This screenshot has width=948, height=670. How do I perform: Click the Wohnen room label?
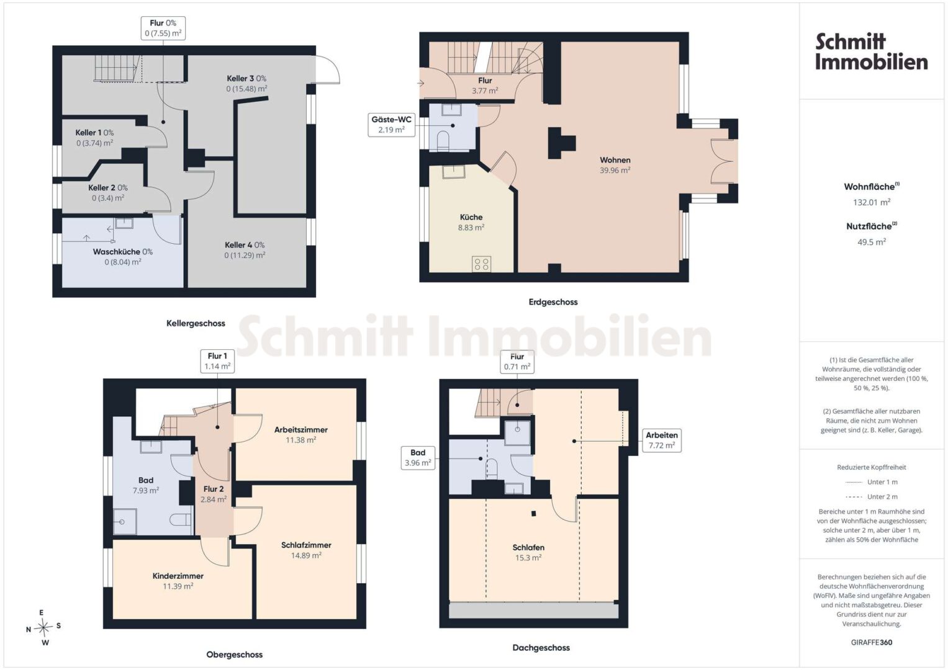(x=615, y=160)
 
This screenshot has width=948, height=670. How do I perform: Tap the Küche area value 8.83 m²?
(x=471, y=227)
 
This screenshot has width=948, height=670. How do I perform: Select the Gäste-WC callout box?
(x=392, y=125)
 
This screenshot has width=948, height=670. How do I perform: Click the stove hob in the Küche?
(x=482, y=264)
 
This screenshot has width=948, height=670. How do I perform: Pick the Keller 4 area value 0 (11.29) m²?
(x=245, y=255)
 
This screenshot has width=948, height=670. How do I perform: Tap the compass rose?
(x=43, y=627)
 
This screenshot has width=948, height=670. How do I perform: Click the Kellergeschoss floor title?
(x=196, y=323)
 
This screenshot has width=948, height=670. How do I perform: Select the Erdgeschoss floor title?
(x=553, y=302)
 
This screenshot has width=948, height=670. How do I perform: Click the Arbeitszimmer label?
(x=301, y=430)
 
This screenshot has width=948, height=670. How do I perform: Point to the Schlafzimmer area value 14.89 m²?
(x=306, y=555)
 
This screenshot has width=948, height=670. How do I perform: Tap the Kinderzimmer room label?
(x=178, y=576)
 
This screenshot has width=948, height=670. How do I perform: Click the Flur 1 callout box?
(x=217, y=361)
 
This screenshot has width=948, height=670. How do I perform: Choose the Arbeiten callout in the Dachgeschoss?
(x=662, y=440)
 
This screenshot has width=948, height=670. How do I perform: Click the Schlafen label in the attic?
(x=528, y=547)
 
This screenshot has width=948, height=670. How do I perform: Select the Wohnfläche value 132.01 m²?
(x=872, y=202)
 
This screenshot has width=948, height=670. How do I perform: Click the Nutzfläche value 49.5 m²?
(x=872, y=242)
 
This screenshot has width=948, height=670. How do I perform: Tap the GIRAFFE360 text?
(x=872, y=643)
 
